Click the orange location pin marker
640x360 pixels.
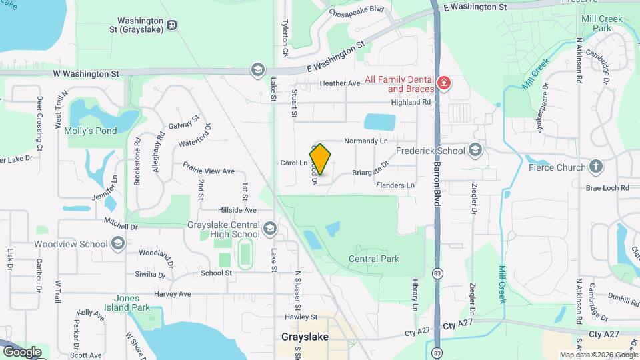321,159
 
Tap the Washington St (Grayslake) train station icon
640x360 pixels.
172,25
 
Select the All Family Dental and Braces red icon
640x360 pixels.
444,83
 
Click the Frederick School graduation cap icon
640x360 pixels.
475,150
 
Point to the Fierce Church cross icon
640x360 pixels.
595,167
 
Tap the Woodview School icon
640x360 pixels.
119,243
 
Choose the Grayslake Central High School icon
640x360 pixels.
269,230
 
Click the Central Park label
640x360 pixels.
373,259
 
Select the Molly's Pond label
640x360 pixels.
91,131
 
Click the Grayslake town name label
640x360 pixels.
305,337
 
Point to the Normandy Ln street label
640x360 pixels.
365,141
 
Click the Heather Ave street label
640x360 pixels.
340,83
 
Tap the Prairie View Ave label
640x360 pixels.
209,171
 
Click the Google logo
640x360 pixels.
21,351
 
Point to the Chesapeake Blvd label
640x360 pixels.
357,9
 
